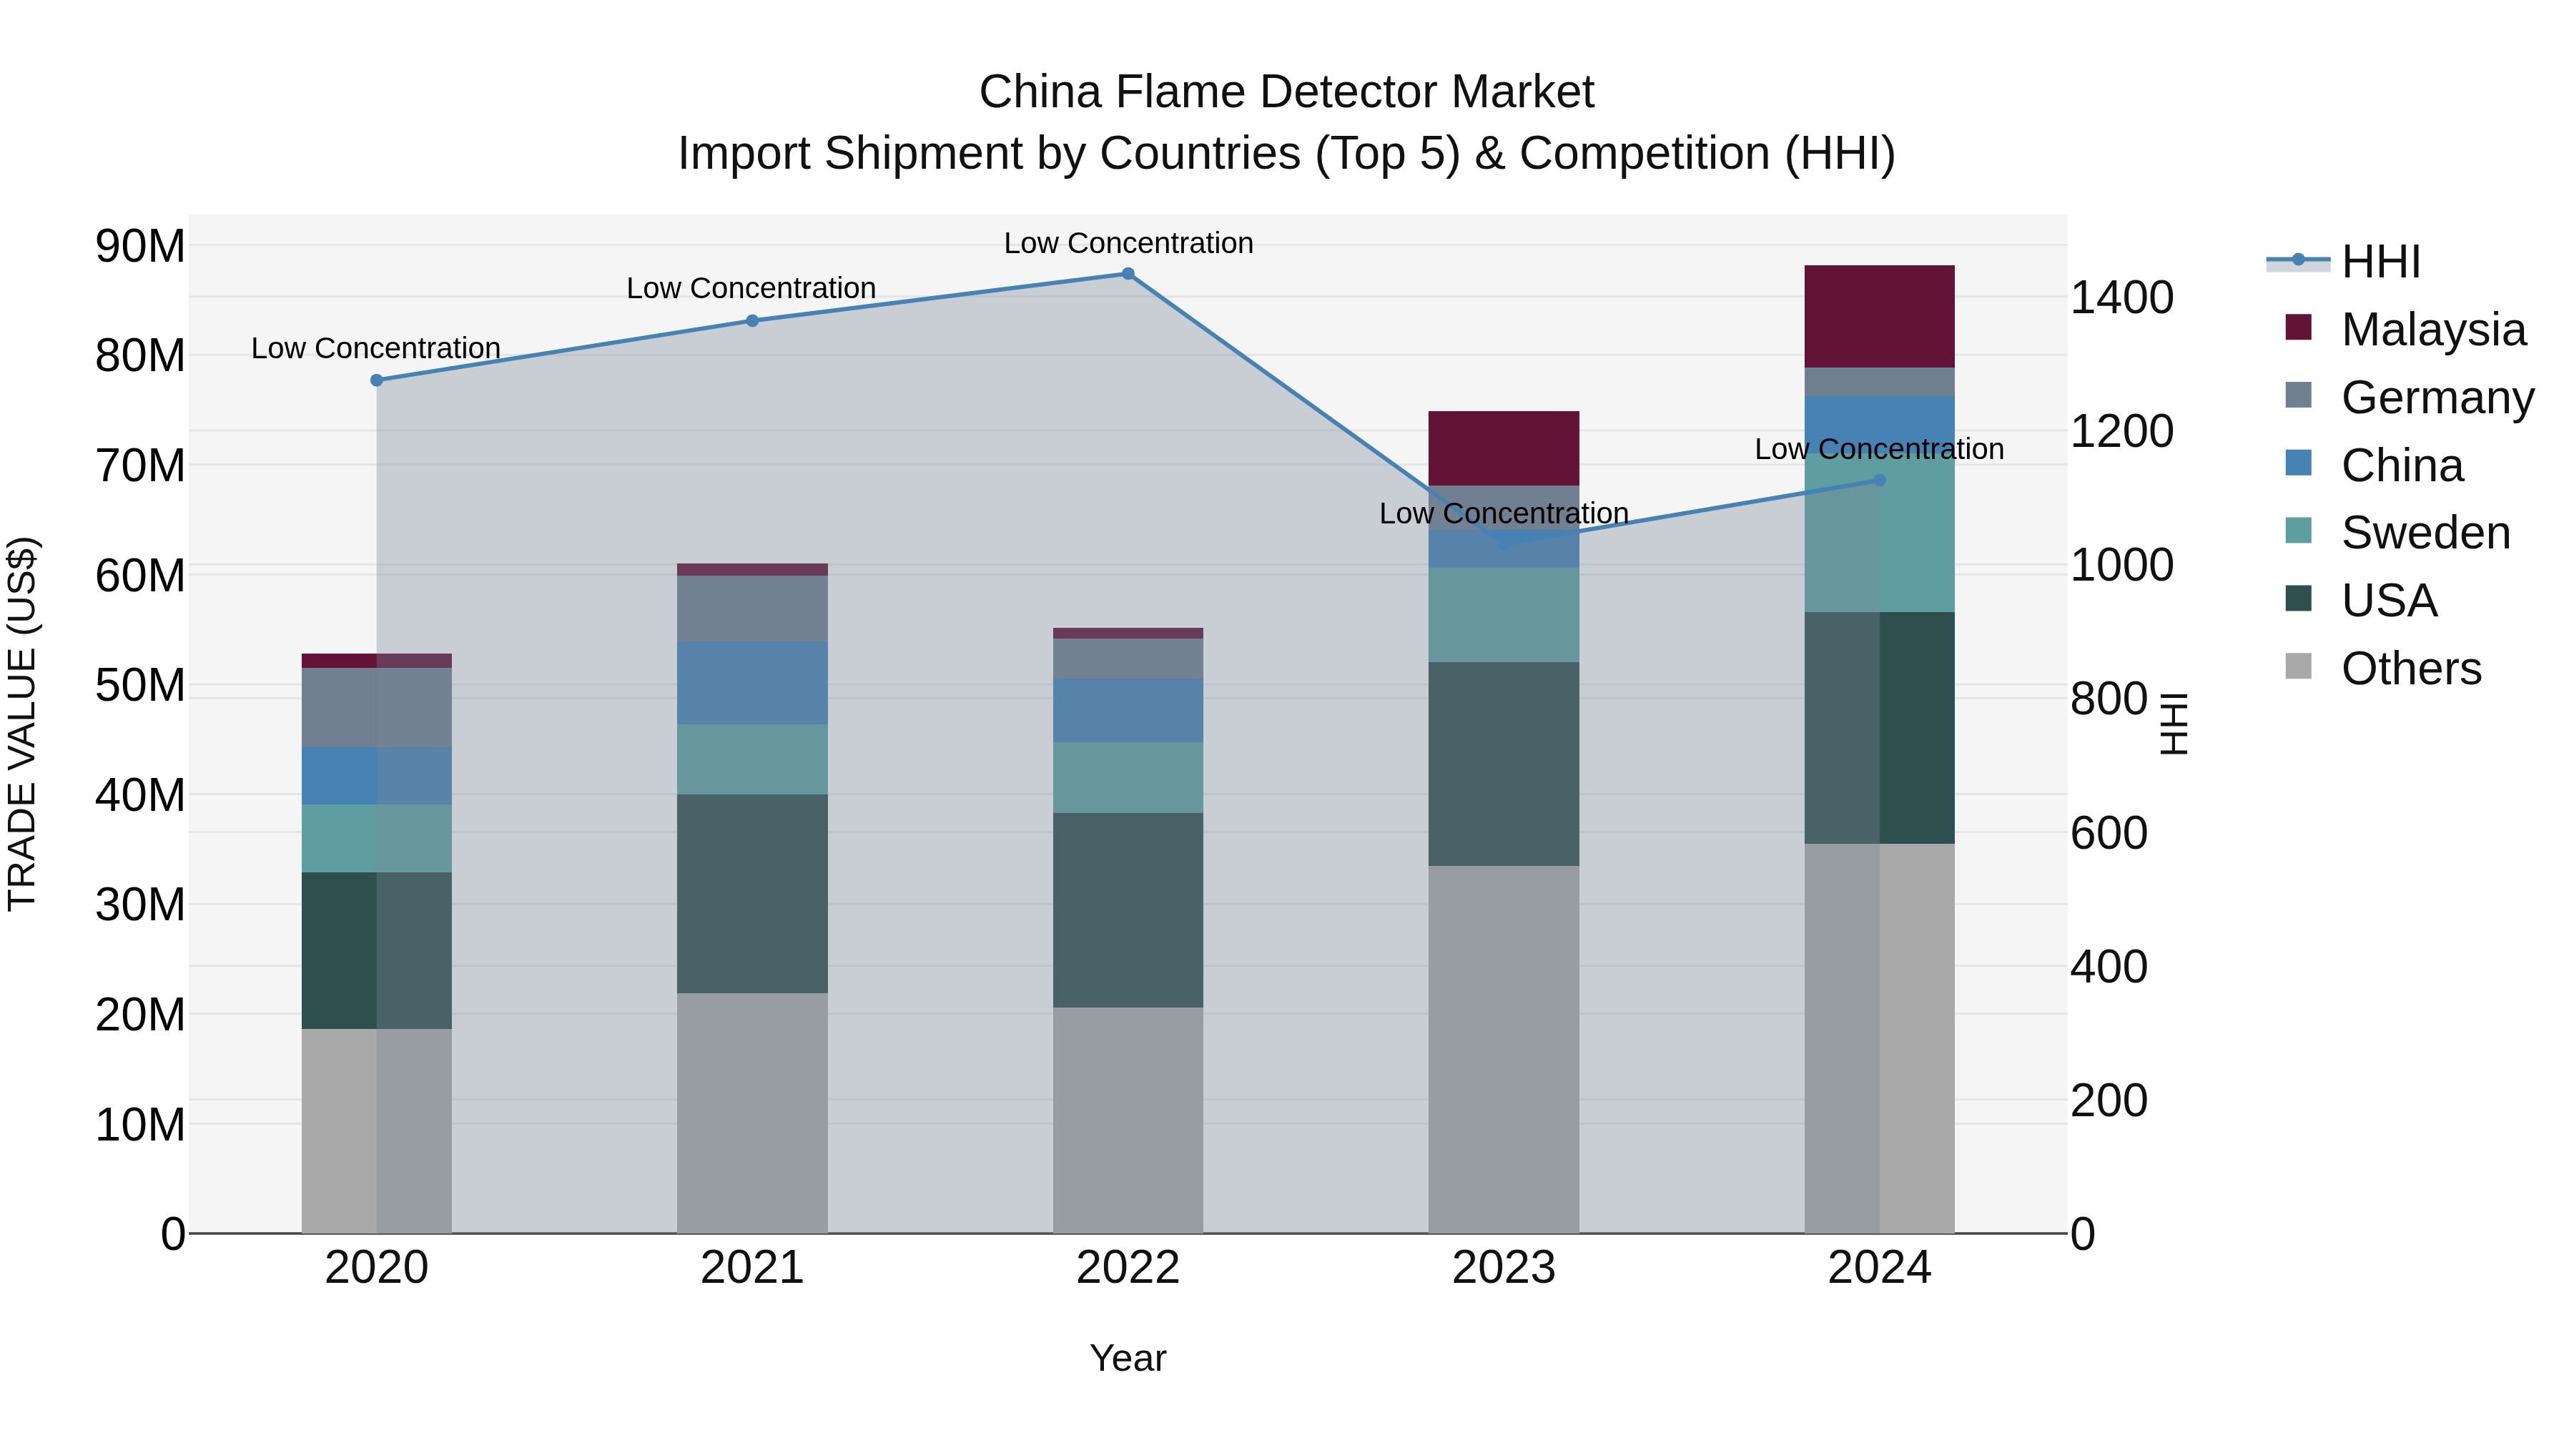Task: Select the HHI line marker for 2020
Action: coord(377,380)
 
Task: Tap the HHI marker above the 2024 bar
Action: coord(1878,481)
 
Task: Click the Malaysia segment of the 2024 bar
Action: coord(1878,317)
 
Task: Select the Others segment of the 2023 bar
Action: coord(1503,1049)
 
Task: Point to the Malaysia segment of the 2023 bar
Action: coord(1503,448)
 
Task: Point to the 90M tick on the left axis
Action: coord(140,246)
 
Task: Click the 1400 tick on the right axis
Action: coord(2121,297)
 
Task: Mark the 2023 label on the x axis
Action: coord(1503,1268)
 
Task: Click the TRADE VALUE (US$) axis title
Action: coord(22,724)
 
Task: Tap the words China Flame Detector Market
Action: coord(1286,92)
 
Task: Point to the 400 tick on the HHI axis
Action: coord(2109,966)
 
